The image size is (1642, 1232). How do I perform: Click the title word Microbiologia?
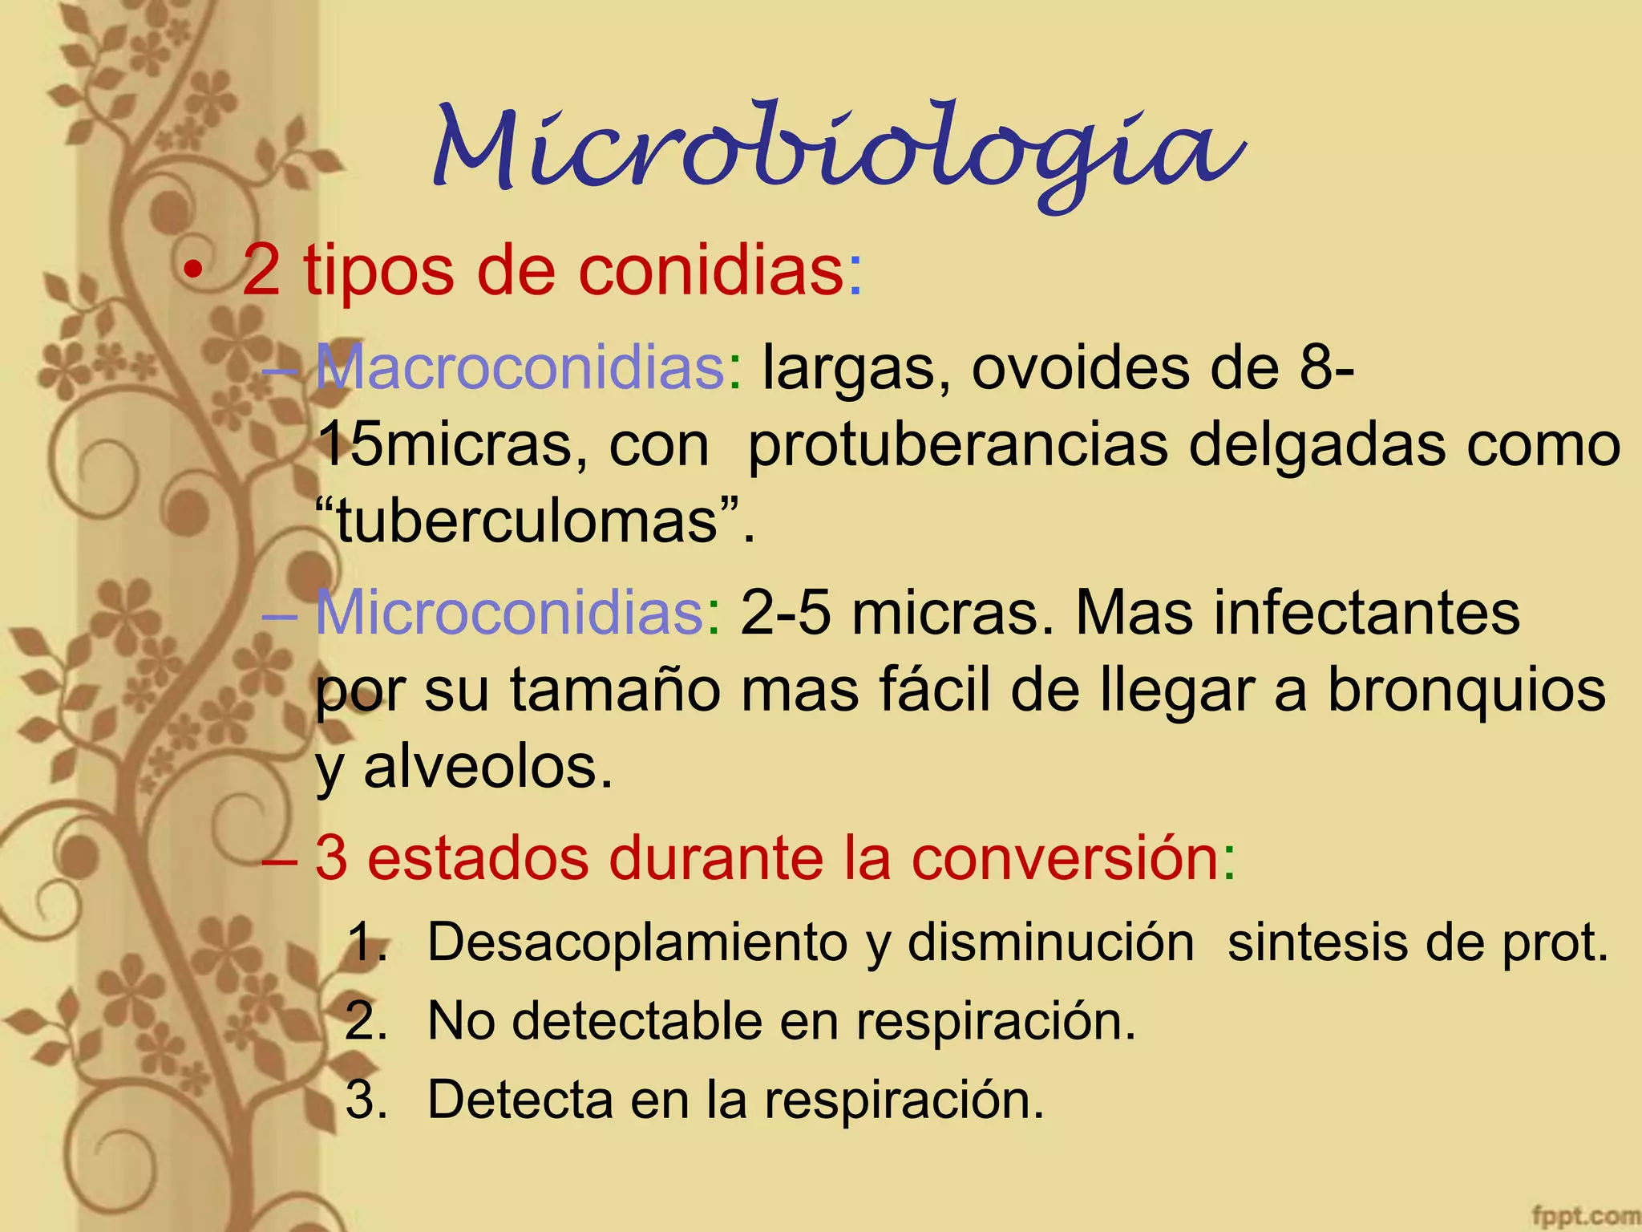(x=838, y=152)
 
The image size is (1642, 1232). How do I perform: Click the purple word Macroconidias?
(x=521, y=368)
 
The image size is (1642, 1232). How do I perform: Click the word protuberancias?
(x=957, y=446)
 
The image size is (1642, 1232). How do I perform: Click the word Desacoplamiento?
(x=637, y=942)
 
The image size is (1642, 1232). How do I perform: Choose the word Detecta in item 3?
(x=522, y=1100)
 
